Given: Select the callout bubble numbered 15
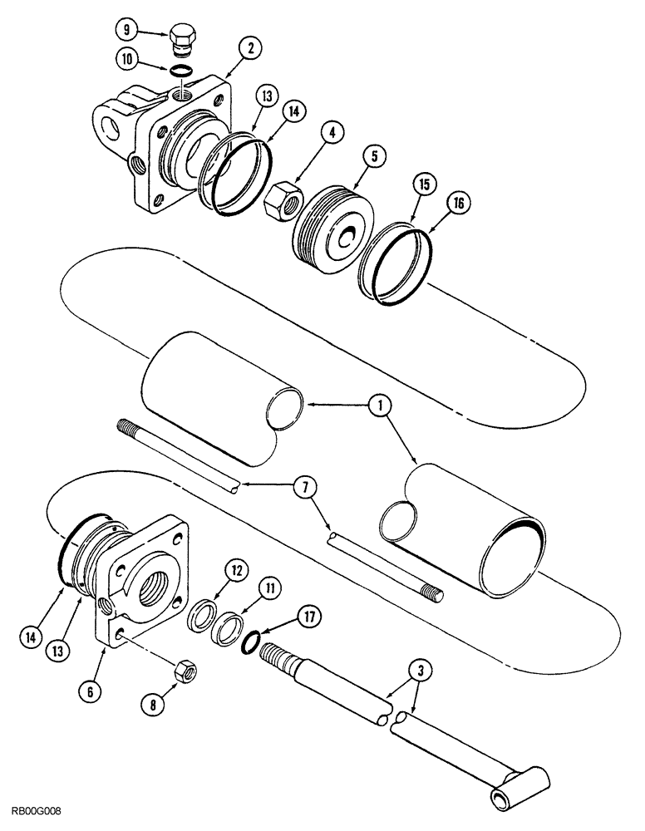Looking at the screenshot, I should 422,182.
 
